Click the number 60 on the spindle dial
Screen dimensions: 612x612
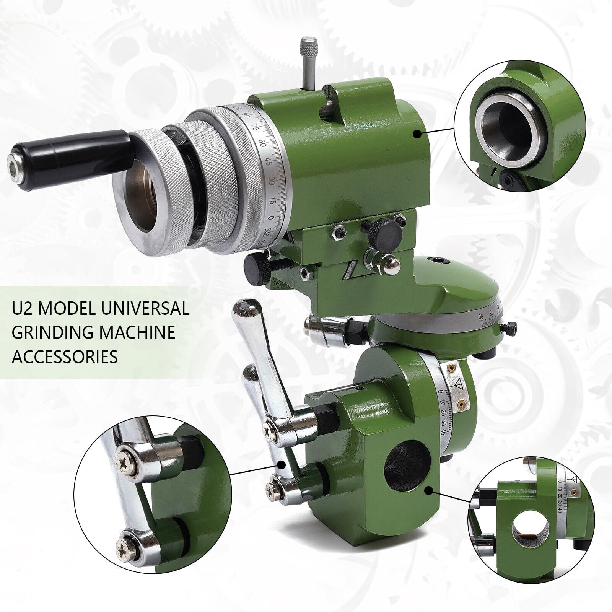(263, 144)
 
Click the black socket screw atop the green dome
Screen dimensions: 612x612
(440, 261)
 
